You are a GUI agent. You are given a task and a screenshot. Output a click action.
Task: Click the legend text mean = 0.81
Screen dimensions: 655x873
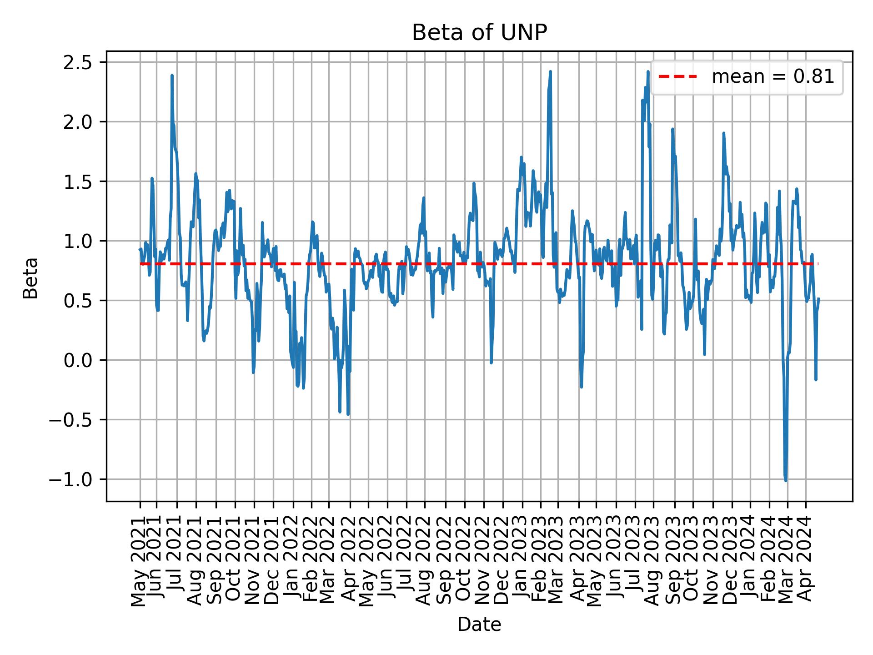tap(773, 77)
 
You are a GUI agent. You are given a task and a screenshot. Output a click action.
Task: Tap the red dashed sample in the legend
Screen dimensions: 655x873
tap(677, 77)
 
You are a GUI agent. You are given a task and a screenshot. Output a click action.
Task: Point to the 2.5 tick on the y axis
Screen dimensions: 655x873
tap(79, 62)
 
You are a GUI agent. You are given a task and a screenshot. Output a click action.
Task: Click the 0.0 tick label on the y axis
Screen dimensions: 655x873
tap(79, 360)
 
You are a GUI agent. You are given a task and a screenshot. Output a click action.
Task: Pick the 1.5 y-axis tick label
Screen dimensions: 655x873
tap(79, 181)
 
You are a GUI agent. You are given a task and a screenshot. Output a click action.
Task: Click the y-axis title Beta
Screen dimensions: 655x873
tap(30, 278)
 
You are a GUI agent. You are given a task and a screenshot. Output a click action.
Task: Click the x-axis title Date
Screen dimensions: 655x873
tap(479, 625)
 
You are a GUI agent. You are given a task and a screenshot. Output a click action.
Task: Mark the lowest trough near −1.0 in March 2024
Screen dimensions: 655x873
tap(786, 480)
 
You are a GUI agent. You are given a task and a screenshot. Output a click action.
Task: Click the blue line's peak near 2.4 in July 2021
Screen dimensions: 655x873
tap(172, 76)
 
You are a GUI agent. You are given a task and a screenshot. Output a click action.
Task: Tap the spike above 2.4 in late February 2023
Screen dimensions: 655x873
tap(550, 72)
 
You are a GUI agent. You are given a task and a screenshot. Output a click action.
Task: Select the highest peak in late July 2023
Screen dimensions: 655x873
tap(648, 72)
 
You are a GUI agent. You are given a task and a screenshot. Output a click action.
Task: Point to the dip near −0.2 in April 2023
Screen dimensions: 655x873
tap(581, 387)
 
